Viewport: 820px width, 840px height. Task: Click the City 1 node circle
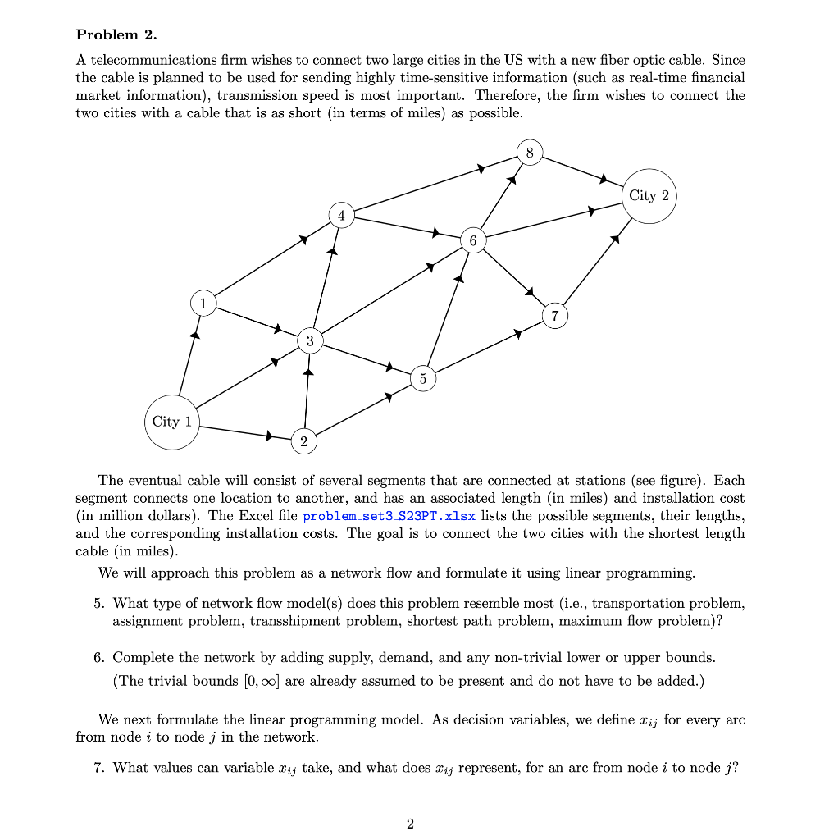(172, 422)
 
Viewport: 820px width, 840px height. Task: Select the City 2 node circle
(649, 196)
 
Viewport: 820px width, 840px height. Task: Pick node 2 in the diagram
(303, 441)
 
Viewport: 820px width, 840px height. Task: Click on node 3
(309, 340)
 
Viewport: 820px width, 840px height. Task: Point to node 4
(342, 216)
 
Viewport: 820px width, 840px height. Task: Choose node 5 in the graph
(422, 378)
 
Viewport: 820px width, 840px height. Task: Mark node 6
(471, 240)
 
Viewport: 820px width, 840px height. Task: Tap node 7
(555, 316)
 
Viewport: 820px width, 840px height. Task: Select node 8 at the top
(530, 153)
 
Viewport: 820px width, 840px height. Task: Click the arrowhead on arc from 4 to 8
(482, 169)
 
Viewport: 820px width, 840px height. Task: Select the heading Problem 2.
(116, 34)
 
